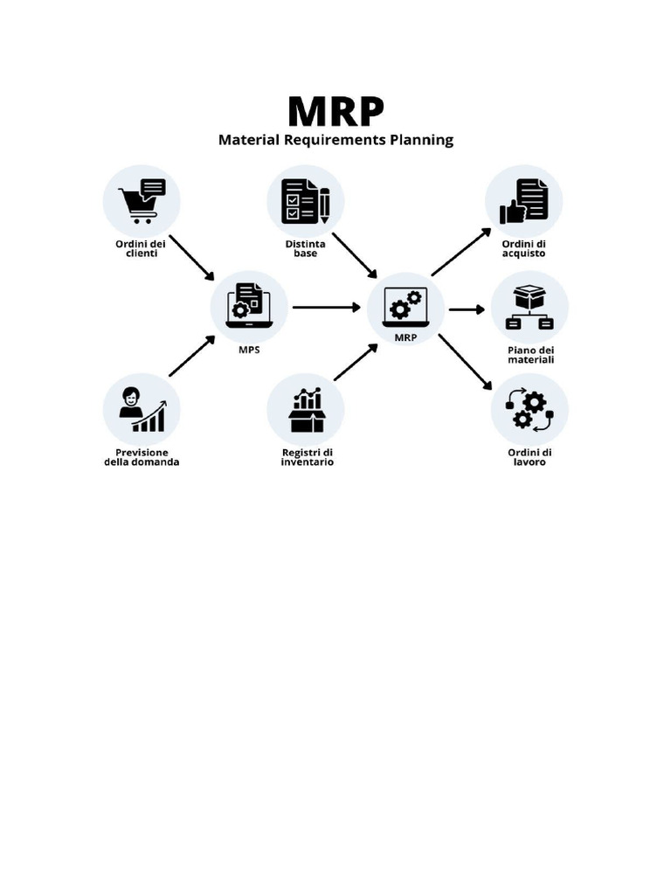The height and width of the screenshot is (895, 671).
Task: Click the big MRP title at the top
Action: click(x=335, y=111)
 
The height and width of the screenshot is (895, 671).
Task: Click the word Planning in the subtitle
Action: click(x=421, y=140)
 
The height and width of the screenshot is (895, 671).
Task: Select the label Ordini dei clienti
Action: click(x=141, y=248)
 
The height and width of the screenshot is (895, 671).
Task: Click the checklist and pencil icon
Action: click(x=305, y=200)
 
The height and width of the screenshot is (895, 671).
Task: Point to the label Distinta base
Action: click(x=305, y=248)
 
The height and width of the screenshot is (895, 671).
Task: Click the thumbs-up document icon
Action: click(x=523, y=200)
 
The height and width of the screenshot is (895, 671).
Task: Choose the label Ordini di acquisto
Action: click(x=524, y=248)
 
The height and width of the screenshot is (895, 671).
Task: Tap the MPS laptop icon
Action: click(x=249, y=305)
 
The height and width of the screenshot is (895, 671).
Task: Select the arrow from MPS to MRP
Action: click(x=327, y=308)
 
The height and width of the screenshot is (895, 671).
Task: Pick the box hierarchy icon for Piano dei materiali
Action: click(x=529, y=308)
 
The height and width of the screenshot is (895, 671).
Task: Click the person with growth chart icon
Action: click(x=142, y=409)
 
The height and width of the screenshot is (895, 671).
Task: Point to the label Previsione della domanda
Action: click(x=142, y=457)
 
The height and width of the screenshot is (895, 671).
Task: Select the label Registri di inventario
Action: click(x=307, y=457)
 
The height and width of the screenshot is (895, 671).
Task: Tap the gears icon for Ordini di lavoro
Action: click(x=529, y=409)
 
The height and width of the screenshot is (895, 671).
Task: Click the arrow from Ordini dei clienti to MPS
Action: click(x=192, y=258)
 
